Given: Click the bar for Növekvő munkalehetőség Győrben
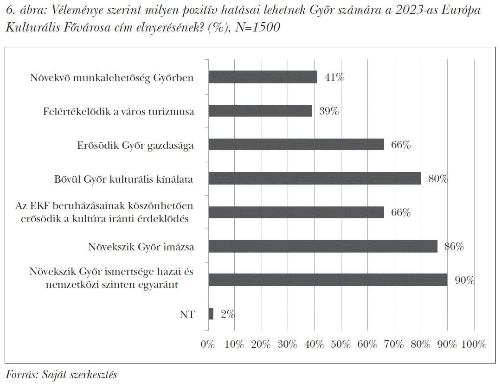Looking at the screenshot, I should click(x=262, y=77).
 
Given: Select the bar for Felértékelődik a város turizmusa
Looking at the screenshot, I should click(x=260, y=111).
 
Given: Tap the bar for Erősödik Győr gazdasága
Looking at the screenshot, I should click(x=296, y=145).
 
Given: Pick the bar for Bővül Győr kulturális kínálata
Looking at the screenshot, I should click(x=314, y=179).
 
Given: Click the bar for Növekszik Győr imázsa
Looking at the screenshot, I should click(x=322, y=246).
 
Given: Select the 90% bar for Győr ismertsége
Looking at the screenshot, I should click(x=328, y=280).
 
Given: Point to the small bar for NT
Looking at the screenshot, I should click(x=211, y=314).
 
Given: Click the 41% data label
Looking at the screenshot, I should click(x=334, y=77).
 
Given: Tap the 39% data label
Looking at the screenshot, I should click(x=329, y=111).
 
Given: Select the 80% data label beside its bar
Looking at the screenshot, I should click(x=438, y=179).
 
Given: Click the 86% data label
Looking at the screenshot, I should click(x=454, y=247).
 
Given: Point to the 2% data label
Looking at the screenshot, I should click(x=228, y=314).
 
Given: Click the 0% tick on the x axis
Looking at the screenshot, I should click(x=208, y=344).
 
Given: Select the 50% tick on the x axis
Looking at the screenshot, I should click(x=341, y=344).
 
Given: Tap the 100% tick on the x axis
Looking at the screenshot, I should click(x=474, y=344).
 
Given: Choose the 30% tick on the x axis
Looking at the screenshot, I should click(x=288, y=344).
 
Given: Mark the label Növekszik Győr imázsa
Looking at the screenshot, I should click(x=141, y=247).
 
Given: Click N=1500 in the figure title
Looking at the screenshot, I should click(x=257, y=27).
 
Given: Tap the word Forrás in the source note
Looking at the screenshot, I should click(x=22, y=375).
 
